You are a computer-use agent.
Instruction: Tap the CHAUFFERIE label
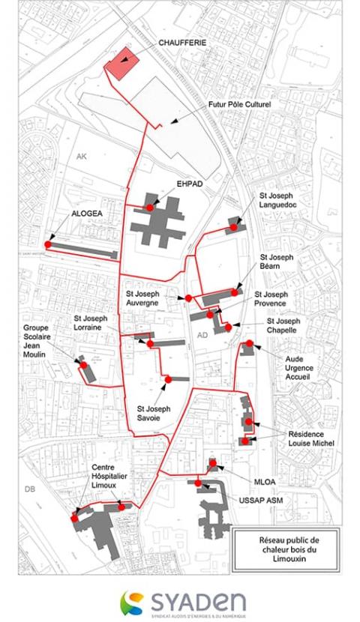[182, 43]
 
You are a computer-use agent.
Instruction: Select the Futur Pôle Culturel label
[239, 105]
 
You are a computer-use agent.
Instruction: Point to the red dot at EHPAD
[150, 207]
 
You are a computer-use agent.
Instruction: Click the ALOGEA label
[86, 213]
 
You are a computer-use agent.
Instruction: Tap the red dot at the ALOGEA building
[48, 244]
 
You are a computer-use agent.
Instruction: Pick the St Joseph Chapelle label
[283, 326]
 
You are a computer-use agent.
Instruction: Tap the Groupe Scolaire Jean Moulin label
[40, 346]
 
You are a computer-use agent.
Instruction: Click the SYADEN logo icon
[134, 602]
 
